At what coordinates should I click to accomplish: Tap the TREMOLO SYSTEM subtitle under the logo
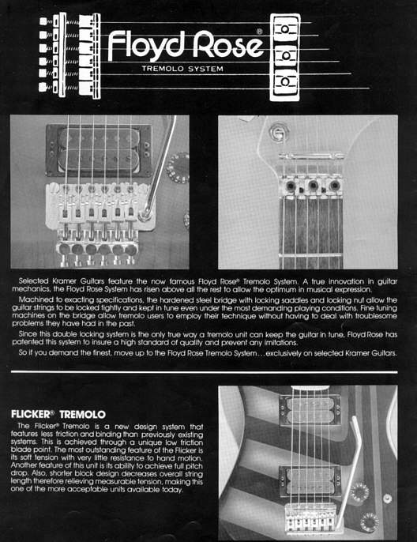[186, 70]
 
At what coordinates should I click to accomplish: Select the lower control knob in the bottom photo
[368, 522]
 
